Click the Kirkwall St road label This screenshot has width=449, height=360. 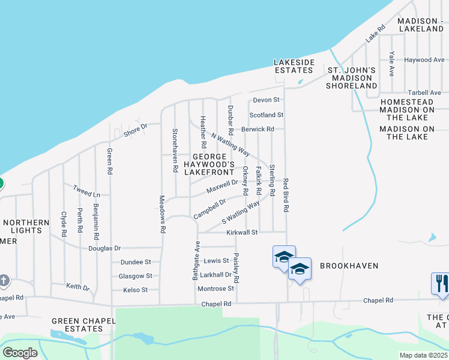[242, 232]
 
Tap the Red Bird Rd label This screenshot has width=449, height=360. [286, 195]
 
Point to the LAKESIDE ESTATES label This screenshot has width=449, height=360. [294, 66]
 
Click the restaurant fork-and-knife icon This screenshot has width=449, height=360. [440, 283]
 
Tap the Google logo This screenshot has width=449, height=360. [20, 352]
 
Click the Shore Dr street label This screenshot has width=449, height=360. [136, 129]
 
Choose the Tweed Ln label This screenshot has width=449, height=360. [86, 191]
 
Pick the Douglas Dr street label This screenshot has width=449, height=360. [104, 248]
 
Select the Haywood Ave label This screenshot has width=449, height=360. [424, 60]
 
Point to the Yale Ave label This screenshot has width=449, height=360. [391, 63]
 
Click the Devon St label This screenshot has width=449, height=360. [267, 100]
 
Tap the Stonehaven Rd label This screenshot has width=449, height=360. [175, 151]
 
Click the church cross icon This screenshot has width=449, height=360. [4, 280]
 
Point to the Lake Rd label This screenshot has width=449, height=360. [376, 34]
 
